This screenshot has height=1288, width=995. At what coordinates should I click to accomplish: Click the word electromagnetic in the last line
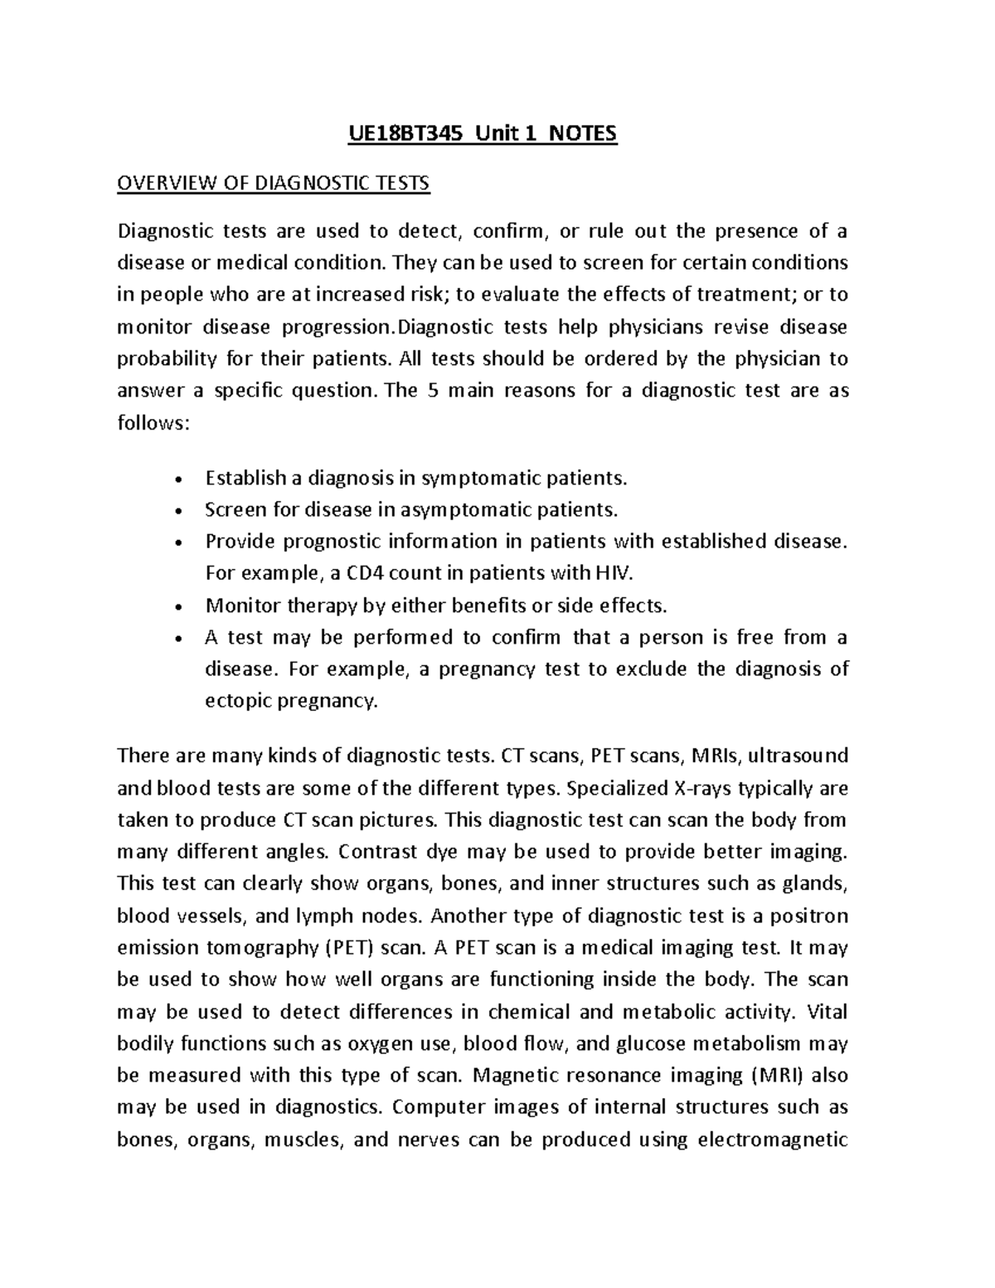click(x=773, y=1140)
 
